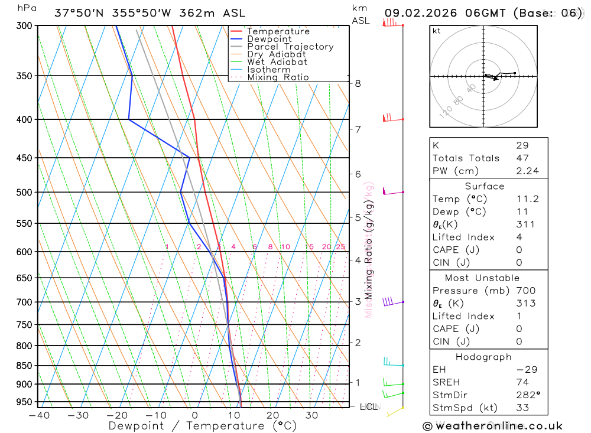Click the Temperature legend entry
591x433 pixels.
[278, 31]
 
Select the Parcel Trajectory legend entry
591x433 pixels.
[290, 47]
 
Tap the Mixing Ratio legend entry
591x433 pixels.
[277, 77]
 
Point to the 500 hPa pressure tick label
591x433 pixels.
[25, 192]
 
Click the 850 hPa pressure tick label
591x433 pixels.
[25, 366]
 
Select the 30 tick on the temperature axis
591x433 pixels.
[311, 415]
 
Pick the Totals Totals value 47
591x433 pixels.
[522, 158]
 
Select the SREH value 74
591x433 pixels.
[522, 382]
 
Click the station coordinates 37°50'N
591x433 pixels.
[79, 13]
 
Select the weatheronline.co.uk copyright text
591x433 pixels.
[493, 425]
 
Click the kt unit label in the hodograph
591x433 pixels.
[437, 31]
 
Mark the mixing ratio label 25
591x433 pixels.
[340, 247]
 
